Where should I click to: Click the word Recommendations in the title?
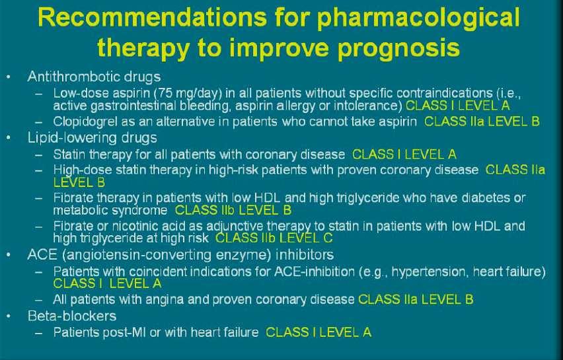(152, 17)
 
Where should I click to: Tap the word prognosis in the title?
(398, 49)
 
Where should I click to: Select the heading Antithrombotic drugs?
(94, 77)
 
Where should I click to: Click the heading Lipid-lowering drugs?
(93, 138)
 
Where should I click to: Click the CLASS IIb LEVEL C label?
(274, 238)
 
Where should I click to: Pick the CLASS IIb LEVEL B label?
(233, 210)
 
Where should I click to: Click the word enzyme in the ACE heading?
(243, 255)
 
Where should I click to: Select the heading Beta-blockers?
(72, 316)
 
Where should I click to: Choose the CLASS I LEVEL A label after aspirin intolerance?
(458, 106)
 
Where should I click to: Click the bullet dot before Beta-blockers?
(9, 316)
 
